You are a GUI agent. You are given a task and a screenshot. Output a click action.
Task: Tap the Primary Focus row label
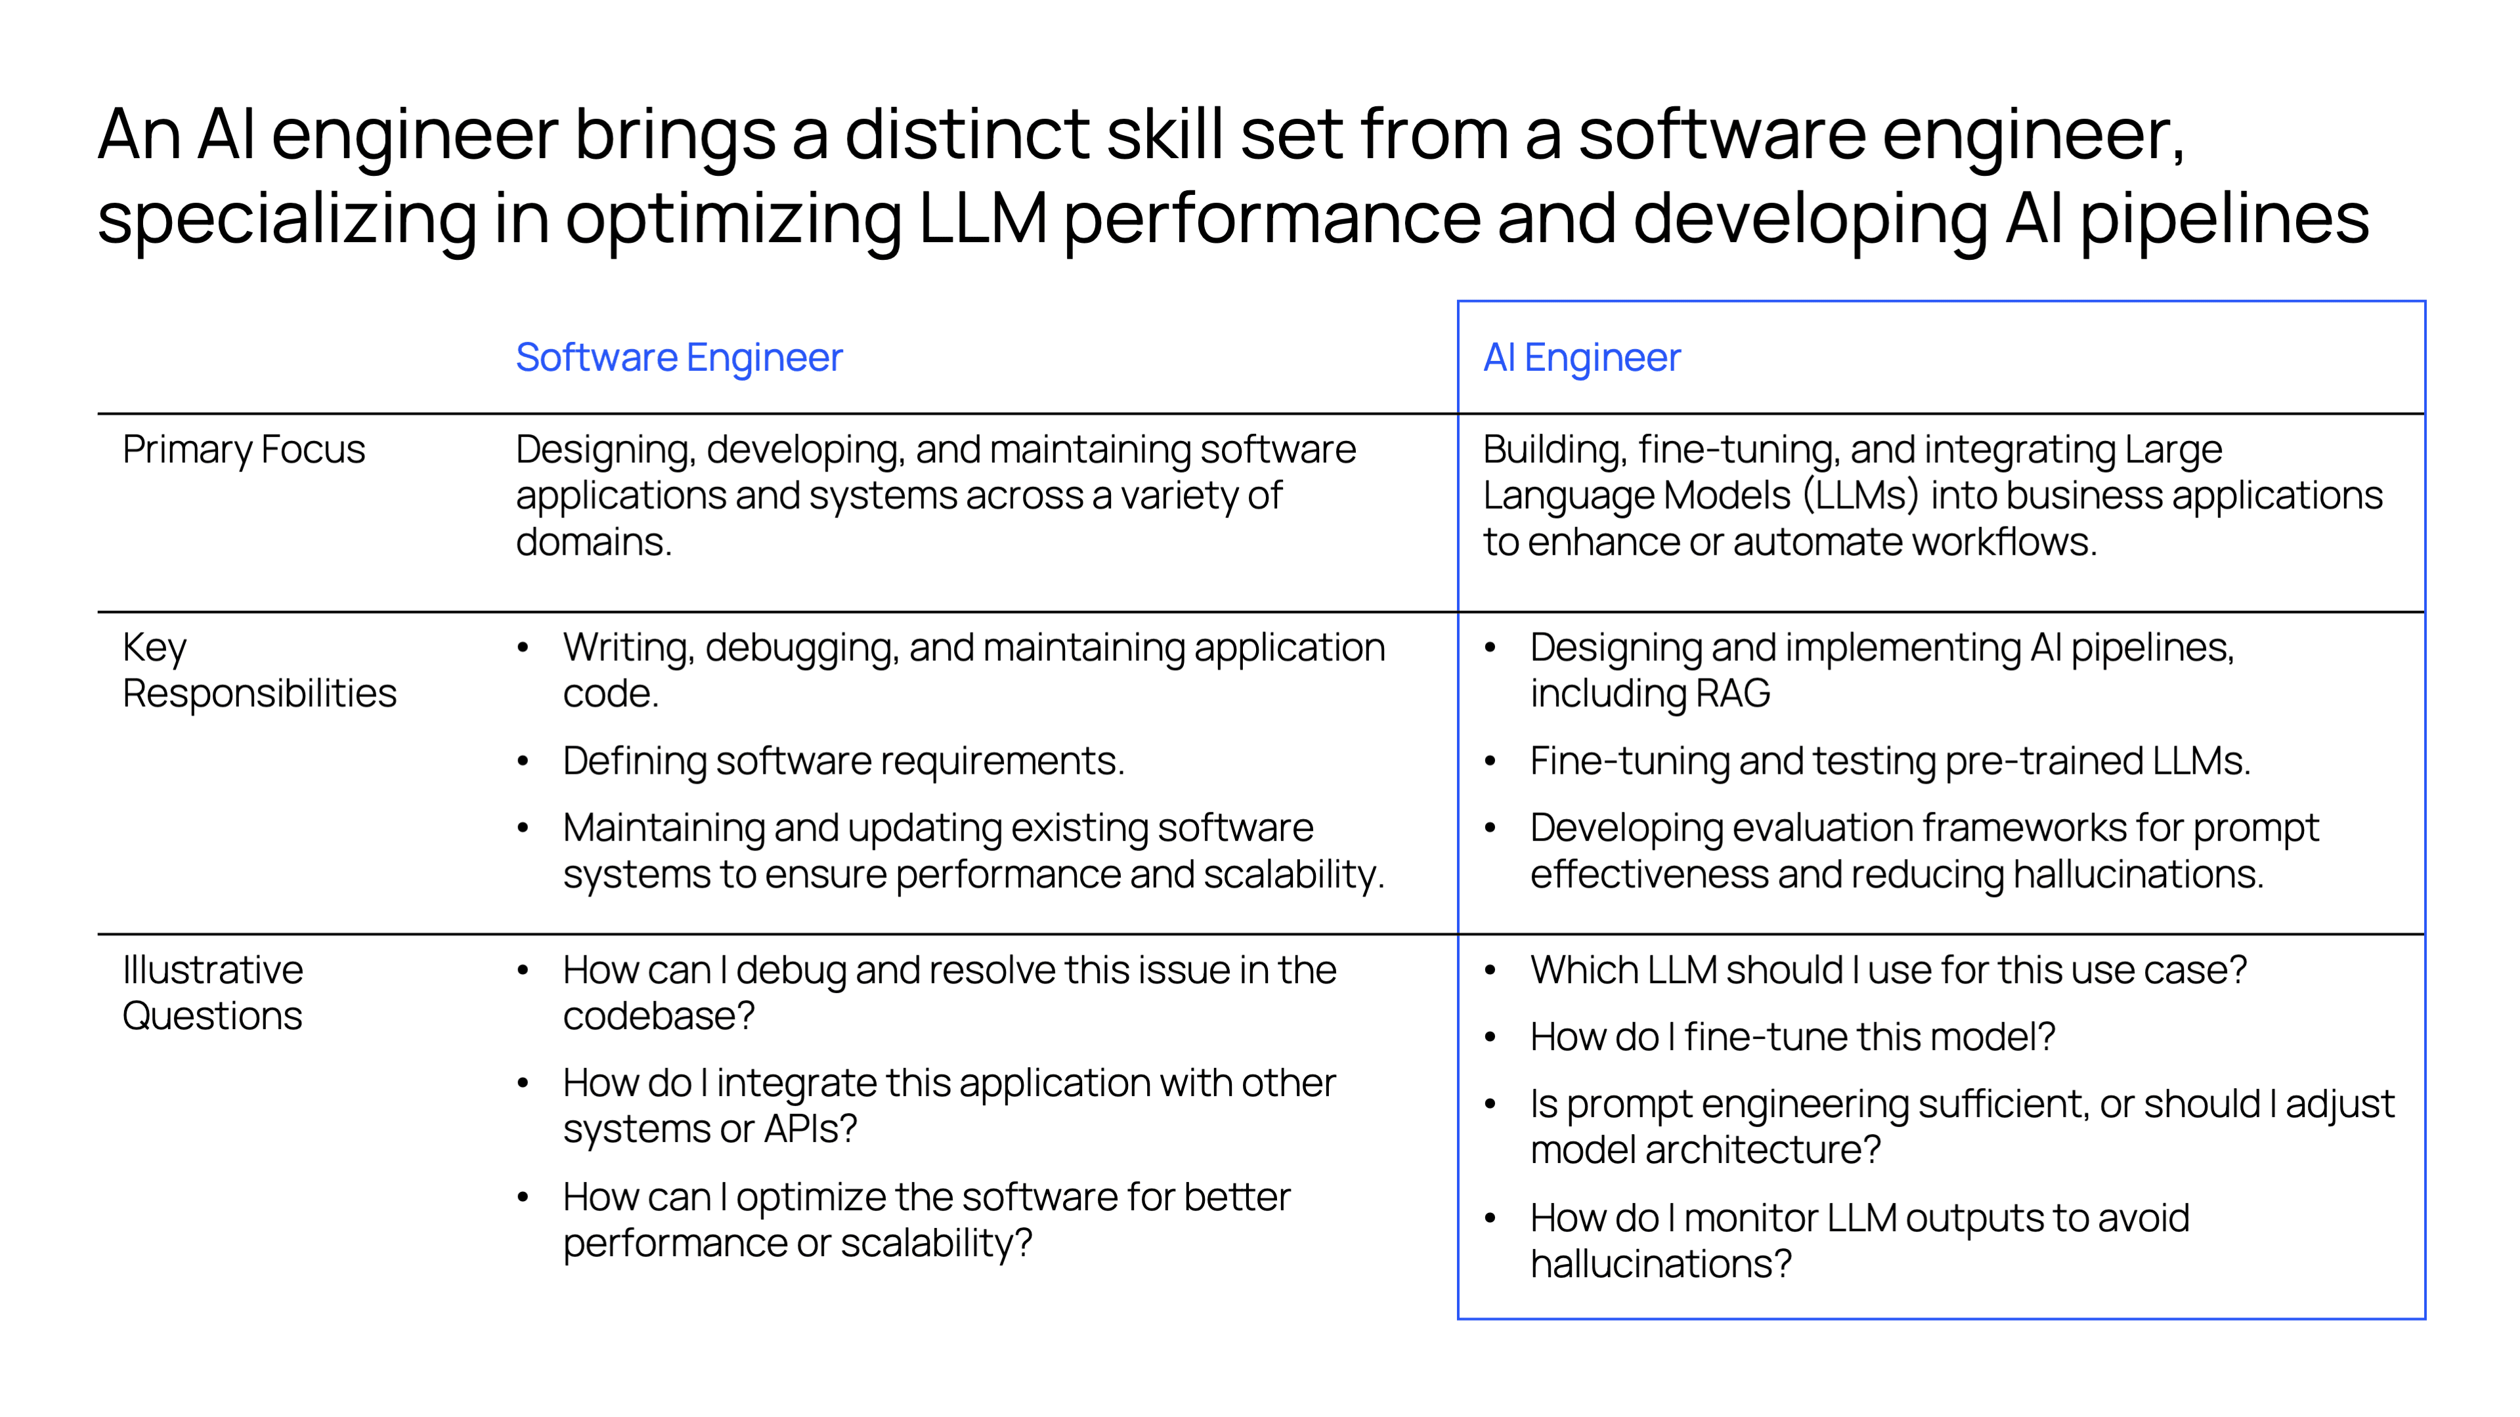click(244, 450)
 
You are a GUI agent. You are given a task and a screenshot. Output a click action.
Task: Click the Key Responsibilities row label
click(259, 670)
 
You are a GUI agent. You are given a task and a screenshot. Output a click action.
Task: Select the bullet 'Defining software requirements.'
click(843, 761)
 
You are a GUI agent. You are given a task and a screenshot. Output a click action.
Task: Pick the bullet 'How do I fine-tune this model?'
click(1792, 1036)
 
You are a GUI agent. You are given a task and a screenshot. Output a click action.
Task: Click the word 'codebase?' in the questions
click(659, 1016)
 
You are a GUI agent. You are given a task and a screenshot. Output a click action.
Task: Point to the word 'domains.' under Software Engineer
click(594, 541)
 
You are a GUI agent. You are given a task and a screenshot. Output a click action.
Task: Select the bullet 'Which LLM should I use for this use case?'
click(1888, 970)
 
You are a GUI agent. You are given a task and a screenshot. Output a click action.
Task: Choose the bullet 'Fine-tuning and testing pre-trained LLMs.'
click(1890, 761)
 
